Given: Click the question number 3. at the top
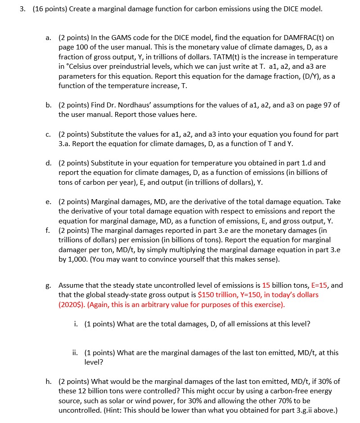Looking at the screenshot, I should (22, 9).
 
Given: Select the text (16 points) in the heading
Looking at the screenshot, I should (48, 9).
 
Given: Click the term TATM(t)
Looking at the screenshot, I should (218, 58).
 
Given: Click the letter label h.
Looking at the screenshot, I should (49, 382).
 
